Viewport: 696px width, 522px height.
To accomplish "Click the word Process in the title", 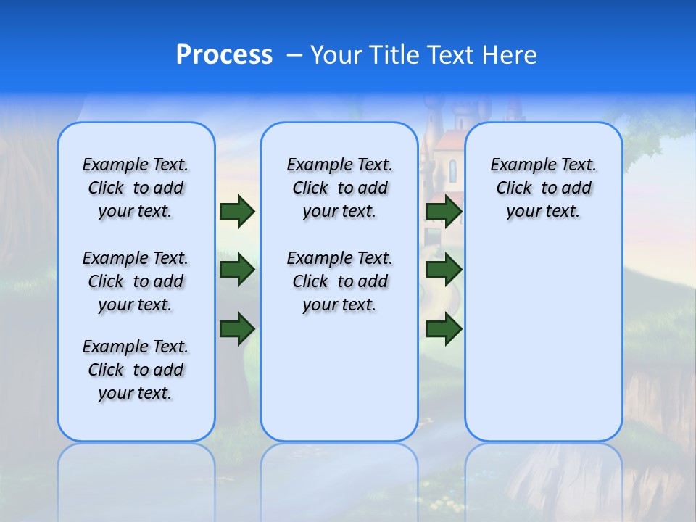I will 224,54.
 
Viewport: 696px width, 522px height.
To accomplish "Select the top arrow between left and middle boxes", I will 237,211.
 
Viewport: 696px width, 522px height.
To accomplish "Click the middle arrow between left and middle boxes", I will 237,270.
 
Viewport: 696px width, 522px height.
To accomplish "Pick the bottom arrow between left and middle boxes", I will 237,328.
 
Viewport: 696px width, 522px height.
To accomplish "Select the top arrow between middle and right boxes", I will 444,211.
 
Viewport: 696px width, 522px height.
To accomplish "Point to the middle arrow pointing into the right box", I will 444,270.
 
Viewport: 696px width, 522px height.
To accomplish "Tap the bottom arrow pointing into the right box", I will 444,328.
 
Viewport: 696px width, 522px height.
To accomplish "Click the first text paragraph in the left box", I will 136,188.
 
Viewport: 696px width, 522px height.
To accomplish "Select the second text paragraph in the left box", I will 136,281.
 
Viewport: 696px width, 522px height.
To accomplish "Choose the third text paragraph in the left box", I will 136,370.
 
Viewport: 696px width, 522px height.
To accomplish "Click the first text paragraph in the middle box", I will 339,188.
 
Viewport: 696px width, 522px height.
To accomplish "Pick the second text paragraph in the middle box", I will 339,281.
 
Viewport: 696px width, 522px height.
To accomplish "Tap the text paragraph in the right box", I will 543,188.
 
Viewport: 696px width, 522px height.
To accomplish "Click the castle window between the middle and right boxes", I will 453,171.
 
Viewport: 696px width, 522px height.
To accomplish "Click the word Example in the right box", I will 518,165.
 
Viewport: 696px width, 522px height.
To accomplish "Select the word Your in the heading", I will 332,55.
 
